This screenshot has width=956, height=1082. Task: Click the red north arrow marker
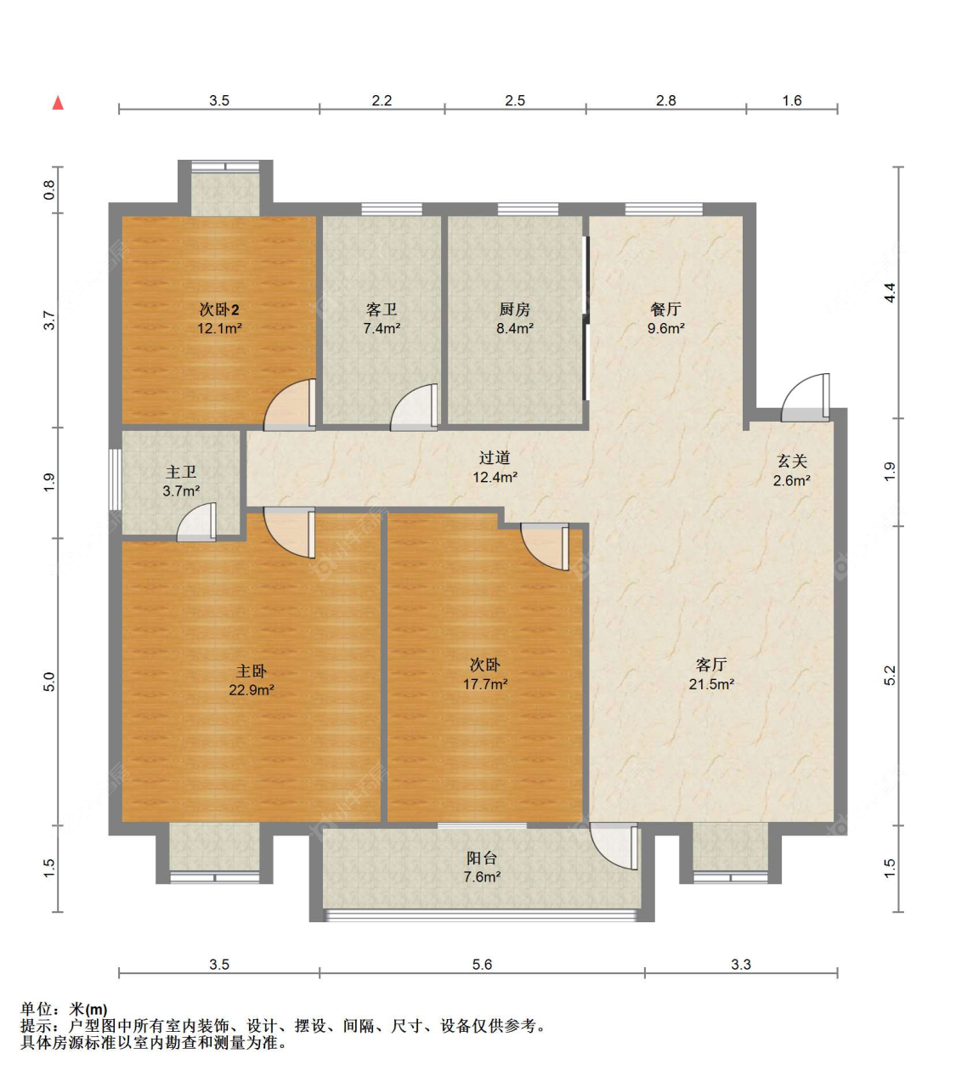tap(58, 103)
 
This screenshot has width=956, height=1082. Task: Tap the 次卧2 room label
tap(219, 309)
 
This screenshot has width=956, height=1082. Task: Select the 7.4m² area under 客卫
tap(382, 329)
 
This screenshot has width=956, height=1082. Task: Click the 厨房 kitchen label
tap(515, 309)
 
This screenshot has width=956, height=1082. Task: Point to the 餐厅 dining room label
tap(665, 309)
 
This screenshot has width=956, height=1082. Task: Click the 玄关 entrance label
tap(791, 461)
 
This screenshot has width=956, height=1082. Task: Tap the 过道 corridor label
tap(495, 458)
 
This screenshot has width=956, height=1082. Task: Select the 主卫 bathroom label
tap(181, 472)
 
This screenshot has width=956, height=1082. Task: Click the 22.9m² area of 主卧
tap(252, 690)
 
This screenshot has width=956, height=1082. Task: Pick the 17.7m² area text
tap(485, 684)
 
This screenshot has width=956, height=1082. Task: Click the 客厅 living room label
tap(711, 665)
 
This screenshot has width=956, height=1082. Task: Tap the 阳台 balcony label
tap(482, 858)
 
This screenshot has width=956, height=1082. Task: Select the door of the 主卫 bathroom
tap(198, 524)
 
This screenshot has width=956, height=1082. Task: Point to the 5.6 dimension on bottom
tap(482, 965)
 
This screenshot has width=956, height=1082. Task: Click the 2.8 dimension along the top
tap(665, 100)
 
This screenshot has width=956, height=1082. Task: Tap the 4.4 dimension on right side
tap(890, 292)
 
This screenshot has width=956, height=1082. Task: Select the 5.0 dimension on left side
tap(49, 682)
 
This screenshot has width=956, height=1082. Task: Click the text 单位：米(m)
tap(65, 1009)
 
